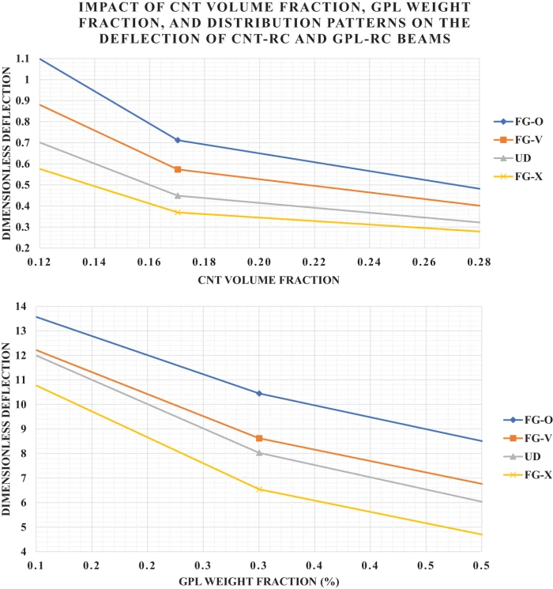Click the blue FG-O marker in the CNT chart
[x=178, y=140]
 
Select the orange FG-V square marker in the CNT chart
[x=178, y=169]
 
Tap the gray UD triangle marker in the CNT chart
[x=178, y=195]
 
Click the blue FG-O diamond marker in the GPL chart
[x=259, y=393]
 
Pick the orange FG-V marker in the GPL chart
[x=259, y=438]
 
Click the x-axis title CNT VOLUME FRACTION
[x=258, y=279]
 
